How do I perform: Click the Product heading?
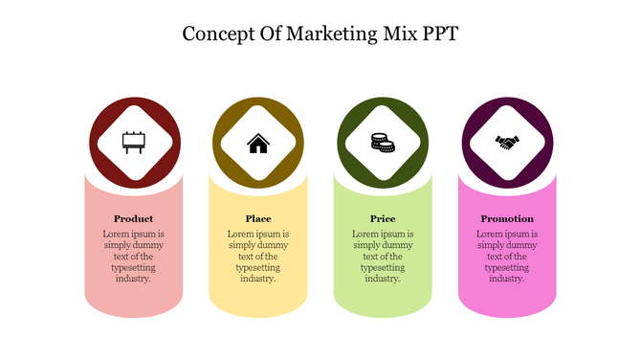tap(133, 218)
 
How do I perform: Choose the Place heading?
tap(258, 218)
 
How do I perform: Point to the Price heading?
tap(383, 218)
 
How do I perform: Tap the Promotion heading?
tap(507, 218)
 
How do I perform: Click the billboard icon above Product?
tap(133, 143)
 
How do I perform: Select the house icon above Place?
tap(258, 144)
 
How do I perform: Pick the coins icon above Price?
tap(383, 143)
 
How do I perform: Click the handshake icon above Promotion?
tap(507, 143)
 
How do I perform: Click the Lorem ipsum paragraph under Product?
tap(133, 257)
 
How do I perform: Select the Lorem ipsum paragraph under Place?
tap(258, 257)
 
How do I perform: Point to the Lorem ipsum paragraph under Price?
tap(383, 257)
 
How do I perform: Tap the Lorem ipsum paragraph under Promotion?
tap(507, 257)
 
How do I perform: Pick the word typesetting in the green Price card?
tap(383, 268)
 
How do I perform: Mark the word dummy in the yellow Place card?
tap(275, 245)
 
